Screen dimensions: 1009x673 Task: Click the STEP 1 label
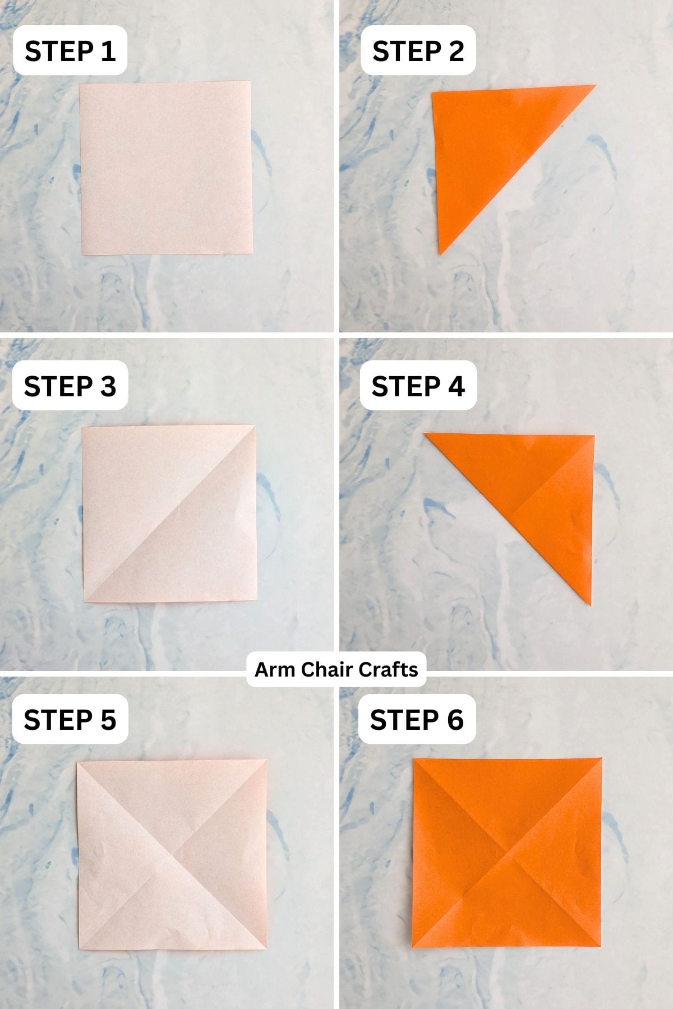tap(70, 51)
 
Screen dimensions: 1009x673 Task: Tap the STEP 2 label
tap(418, 51)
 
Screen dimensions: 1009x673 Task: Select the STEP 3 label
tap(70, 386)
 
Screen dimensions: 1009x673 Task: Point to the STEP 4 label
tap(418, 386)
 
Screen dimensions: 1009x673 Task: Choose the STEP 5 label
tap(70, 720)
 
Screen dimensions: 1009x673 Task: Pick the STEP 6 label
tap(417, 720)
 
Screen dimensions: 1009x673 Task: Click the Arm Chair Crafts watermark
tap(336, 669)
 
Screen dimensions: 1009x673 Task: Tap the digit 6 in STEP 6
tap(455, 720)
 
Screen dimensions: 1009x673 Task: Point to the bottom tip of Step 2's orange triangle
tap(440, 254)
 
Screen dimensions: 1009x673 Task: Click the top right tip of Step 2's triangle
tap(595, 86)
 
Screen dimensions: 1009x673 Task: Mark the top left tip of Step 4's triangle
tap(425, 433)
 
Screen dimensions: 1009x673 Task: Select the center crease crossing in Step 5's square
tap(171, 855)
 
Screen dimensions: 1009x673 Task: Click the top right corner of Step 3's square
tap(255, 425)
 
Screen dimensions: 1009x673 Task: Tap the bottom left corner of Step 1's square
tap(82, 255)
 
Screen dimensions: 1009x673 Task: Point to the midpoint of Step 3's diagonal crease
tap(170, 513)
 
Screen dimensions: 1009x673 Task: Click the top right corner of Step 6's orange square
tap(602, 759)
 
